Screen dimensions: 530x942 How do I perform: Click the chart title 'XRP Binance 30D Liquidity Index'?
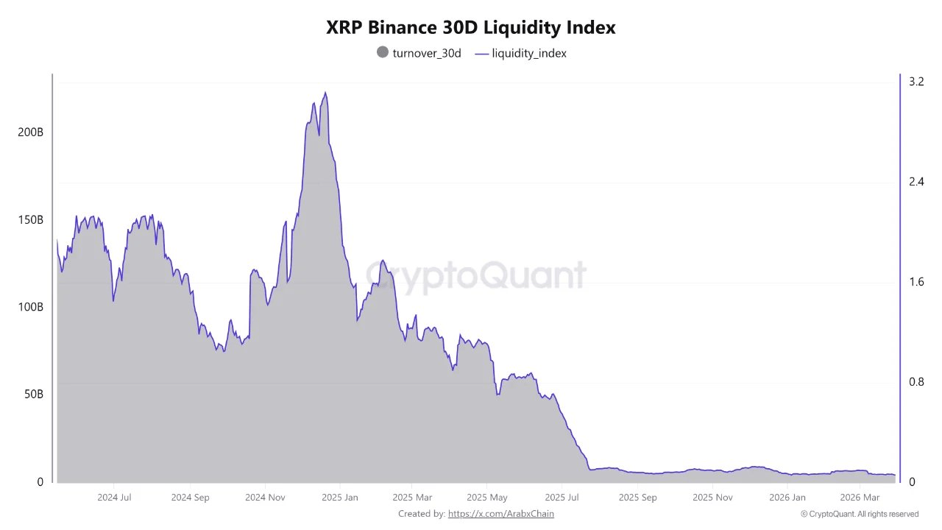tap(471, 28)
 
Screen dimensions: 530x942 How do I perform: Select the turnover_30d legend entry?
tap(419, 53)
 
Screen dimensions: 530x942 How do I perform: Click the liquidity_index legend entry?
tap(521, 53)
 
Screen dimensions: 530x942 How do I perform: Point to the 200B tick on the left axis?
tap(30, 132)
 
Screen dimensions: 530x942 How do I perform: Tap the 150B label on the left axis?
tap(30, 220)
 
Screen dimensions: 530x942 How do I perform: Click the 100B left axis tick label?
tap(30, 307)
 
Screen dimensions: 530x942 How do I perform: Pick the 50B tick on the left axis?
tap(33, 395)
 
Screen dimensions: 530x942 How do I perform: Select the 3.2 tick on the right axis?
tap(916, 82)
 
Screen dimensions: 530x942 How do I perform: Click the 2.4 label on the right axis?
tap(916, 182)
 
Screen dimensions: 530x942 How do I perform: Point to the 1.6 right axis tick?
tap(916, 282)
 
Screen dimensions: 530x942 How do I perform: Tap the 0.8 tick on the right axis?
tap(916, 382)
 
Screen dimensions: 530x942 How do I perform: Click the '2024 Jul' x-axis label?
tap(115, 498)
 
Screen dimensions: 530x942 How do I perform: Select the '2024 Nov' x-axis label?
tap(265, 498)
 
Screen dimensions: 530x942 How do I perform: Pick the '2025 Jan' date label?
tap(340, 498)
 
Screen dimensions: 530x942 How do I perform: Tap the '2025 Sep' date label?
tap(637, 498)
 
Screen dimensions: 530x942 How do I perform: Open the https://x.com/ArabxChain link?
tap(500, 514)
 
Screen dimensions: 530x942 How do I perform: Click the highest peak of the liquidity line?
tap(325, 93)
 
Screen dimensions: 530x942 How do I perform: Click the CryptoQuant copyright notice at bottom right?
tap(859, 514)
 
